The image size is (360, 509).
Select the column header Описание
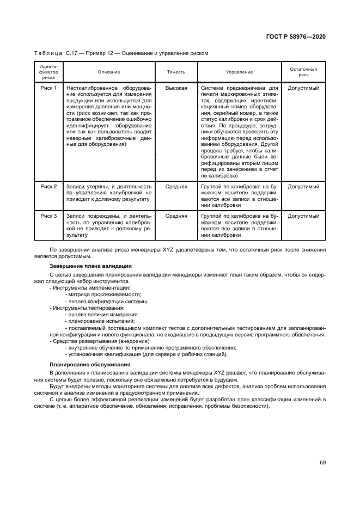pyautogui.click(x=109, y=72)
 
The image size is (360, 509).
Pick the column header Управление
pyautogui.click(x=239, y=72)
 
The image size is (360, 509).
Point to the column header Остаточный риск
pyautogui.click(x=303, y=72)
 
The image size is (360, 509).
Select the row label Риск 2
pyautogui.click(x=49, y=187)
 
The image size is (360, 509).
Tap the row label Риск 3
pyautogui.click(x=49, y=216)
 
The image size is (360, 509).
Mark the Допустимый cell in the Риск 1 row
pyautogui.click(x=303, y=88)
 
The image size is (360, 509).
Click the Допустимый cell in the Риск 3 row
pyautogui.click(x=303, y=216)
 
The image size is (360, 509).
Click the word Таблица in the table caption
pyautogui.click(x=49, y=53)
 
